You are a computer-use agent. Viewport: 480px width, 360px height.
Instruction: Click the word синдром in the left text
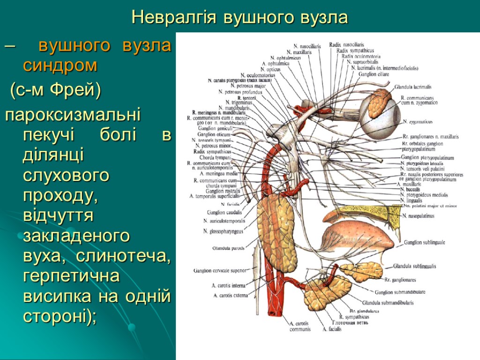click(x=60, y=66)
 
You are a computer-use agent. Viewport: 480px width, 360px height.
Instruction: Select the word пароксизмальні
click(x=73, y=114)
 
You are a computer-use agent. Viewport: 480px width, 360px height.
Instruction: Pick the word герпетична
click(x=71, y=277)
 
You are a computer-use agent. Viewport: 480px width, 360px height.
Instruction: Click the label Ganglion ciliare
click(x=373, y=74)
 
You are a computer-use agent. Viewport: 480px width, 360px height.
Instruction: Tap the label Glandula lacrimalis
click(x=412, y=87)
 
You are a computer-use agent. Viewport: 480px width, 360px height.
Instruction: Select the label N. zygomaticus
click(x=418, y=122)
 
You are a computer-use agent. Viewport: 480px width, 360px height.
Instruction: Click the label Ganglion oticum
click(x=214, y=134)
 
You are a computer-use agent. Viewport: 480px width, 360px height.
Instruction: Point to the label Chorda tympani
click(x=215, y=157)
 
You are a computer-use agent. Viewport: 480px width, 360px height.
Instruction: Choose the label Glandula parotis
click(x=228, y=248)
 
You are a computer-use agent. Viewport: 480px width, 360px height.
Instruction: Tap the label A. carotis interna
click(x=228, y=285)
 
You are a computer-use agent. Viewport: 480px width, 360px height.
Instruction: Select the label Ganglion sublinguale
click(x=424, y=242)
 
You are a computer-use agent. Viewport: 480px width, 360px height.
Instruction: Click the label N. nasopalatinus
click(x=419, y=216)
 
